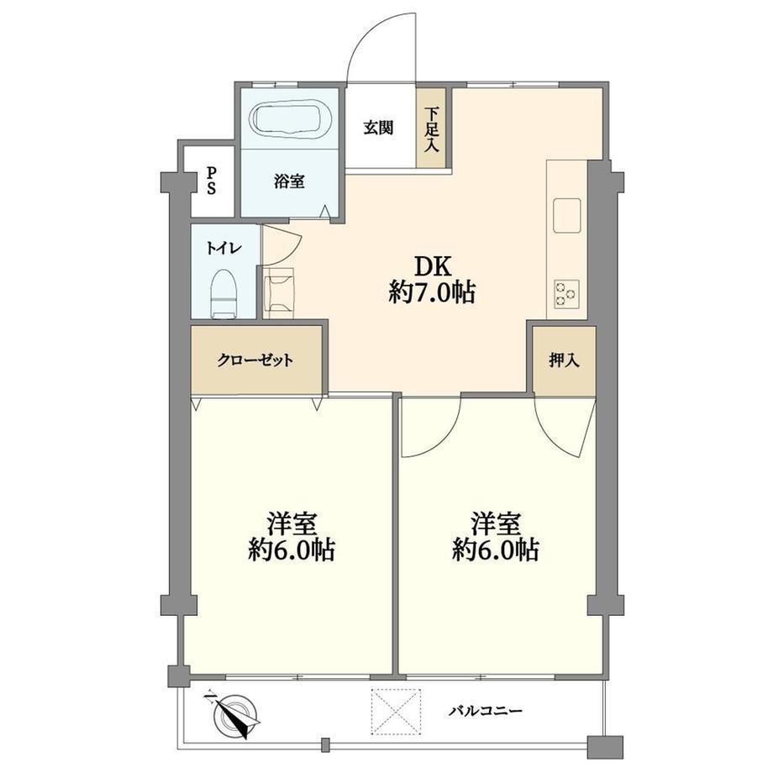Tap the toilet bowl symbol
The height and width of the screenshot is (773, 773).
[x=224, y=293]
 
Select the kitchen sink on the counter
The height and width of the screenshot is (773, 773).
[x=567, y=215]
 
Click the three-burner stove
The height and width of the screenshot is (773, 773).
[x=566, y=294]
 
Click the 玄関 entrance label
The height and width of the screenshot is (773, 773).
[x=379, y=128]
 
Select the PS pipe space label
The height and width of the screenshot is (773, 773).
[x=211, y=181]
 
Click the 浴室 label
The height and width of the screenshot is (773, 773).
[x=289, y=181]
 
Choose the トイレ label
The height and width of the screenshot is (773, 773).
[x=223, y=248]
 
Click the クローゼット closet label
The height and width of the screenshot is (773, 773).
[x=255, y=360]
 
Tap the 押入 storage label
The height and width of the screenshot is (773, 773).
[x=564, y=360]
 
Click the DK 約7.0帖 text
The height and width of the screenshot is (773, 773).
[x=433, y=280]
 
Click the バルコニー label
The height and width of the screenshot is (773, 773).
[x=485, y=712]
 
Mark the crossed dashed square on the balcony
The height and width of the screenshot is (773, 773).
[x=397, y=712]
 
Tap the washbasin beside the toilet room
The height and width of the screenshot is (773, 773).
[x=279, y=293]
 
